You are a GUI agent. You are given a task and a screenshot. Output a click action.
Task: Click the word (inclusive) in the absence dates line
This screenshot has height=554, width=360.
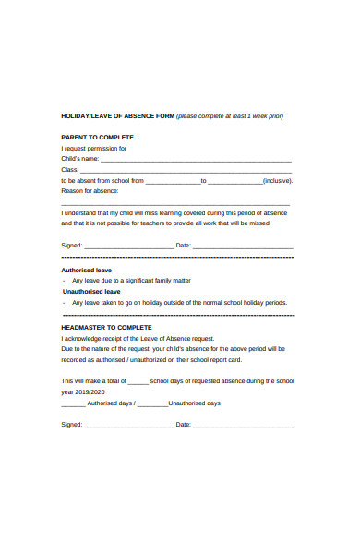coord(277,181)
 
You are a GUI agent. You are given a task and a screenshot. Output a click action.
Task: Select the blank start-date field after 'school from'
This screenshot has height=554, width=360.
coord(173,181)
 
